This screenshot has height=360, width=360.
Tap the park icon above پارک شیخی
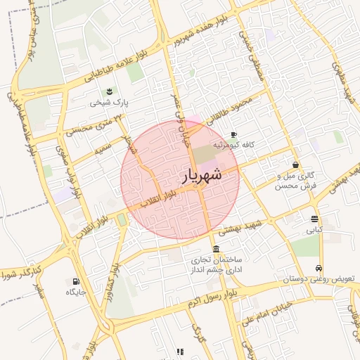coord(109,91)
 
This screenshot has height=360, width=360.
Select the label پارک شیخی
coord(110,103)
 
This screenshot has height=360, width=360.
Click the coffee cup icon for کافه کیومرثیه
coord(233,134)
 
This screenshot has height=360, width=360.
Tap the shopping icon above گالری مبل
coord(295,165)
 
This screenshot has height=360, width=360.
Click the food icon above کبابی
coord(314,218)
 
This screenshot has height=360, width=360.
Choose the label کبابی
coord(314,229)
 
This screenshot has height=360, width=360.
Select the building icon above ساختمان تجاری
coord(215,250)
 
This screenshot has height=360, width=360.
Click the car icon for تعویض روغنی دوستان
coord(319,268)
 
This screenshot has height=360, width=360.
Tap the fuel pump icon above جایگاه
coord(76,281)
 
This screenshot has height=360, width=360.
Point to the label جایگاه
coord(76,292)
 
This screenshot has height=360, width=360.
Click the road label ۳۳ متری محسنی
coord(89,126)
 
